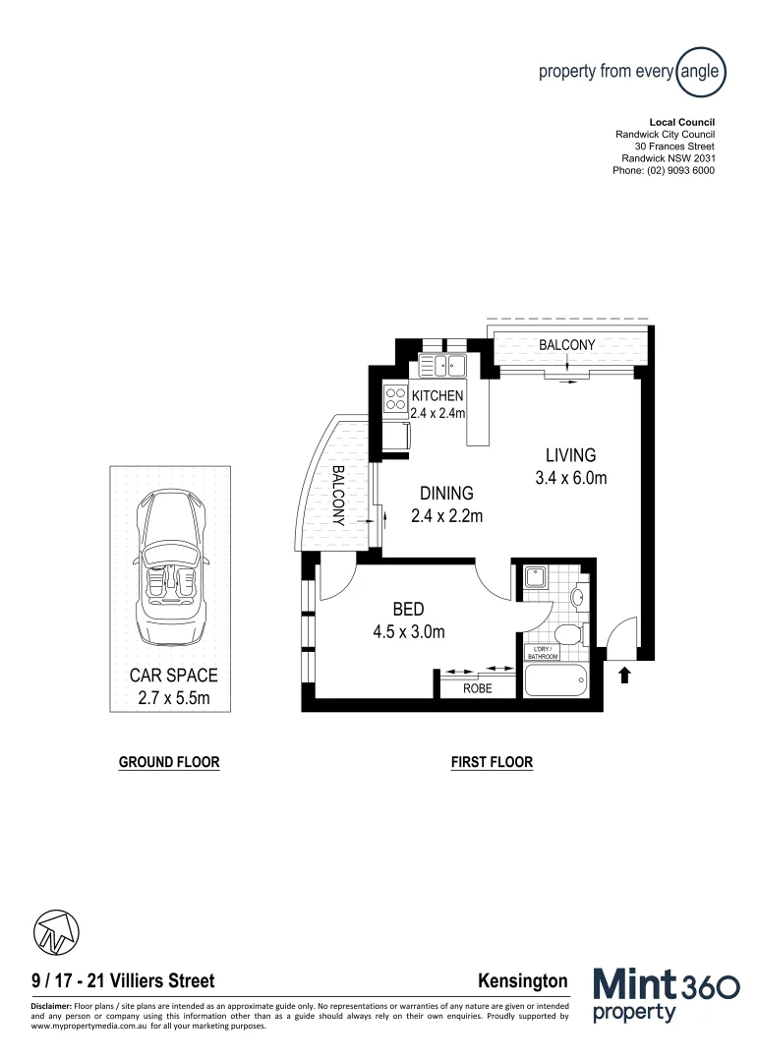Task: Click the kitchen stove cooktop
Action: point(396,399)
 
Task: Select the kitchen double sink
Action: point(443,367)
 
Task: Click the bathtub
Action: point(555,679)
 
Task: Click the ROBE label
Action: point(478,689)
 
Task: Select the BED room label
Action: point(408,611)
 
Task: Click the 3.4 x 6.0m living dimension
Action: point(570,478)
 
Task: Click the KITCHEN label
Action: point(437,395)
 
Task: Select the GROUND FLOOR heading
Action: point(168,762)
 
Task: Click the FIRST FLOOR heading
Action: point(492,762)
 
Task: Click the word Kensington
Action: point(522,980)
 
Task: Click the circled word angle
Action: point(702,71)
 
